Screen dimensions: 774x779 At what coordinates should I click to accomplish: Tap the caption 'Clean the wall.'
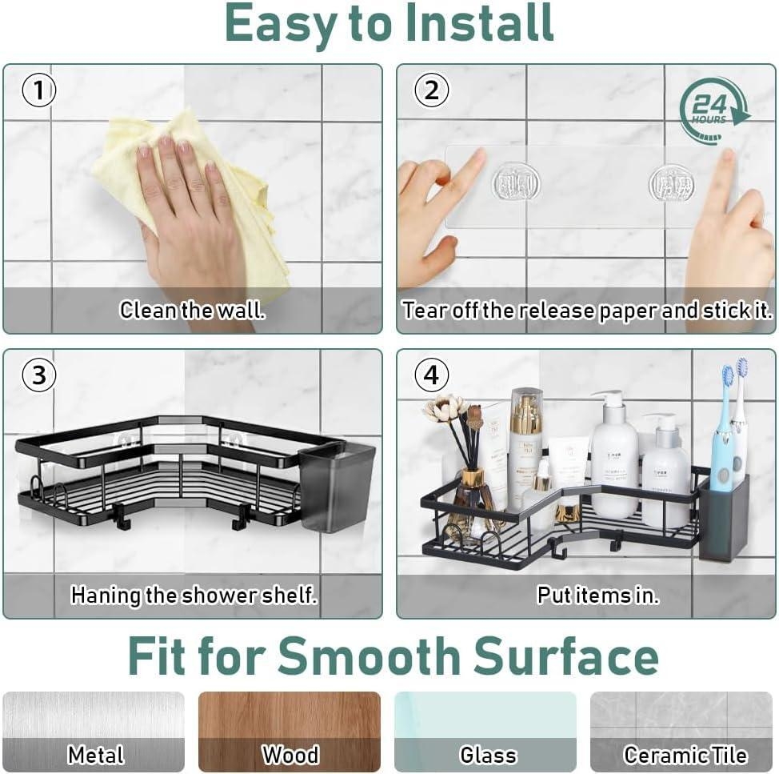[192, 310]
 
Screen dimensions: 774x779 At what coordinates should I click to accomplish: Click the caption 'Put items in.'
[597, 596]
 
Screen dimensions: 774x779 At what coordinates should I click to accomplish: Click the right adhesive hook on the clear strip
[672, 184]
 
